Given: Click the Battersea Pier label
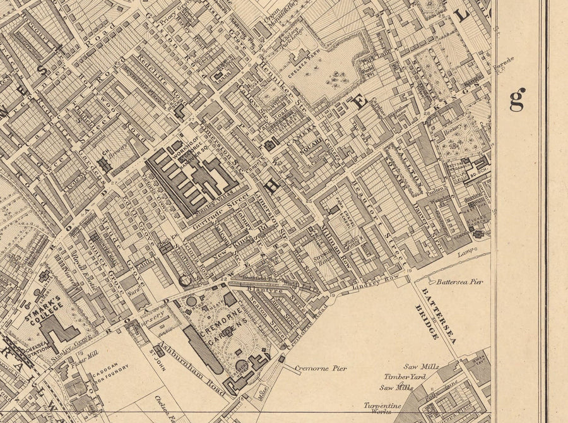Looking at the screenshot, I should [x=459, y=282].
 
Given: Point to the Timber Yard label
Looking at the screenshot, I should [x=406, y=376].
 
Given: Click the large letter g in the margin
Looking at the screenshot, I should [x=517, y=99].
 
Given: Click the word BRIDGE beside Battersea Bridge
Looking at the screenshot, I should [x=428, y=322].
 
